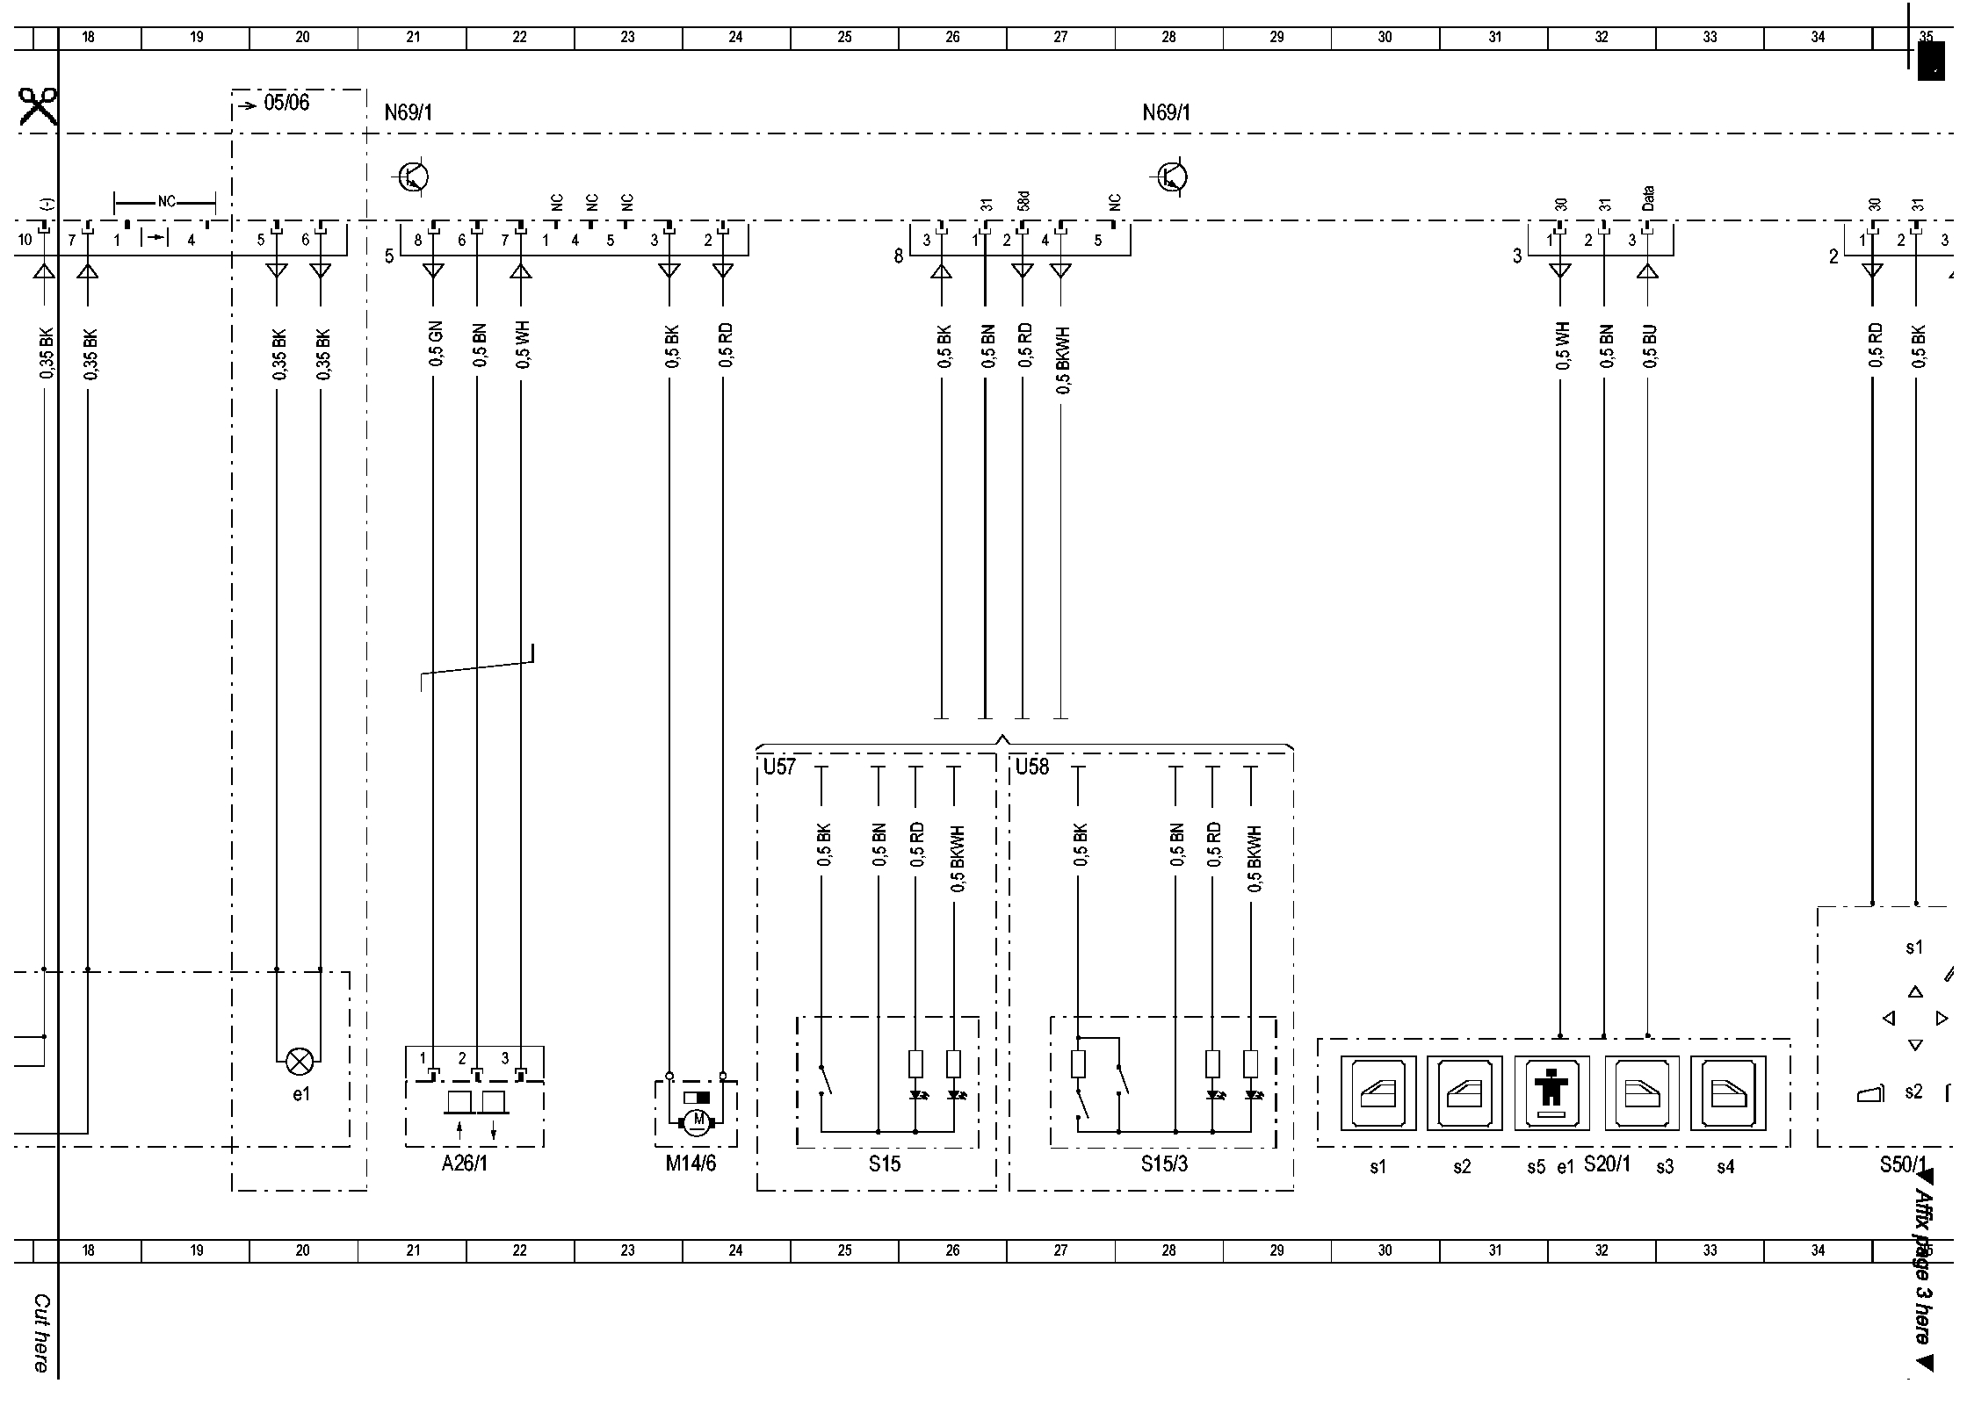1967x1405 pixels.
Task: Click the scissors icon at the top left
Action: [38, 107]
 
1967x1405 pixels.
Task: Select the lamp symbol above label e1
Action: [300, 1062]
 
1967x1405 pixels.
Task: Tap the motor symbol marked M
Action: [698, 1120]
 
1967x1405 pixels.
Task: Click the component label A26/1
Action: [464, 1164]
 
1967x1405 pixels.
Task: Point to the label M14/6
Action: [691, 1164]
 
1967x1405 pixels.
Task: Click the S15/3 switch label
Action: [1164, 1164]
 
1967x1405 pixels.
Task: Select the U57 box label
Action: [778, 767]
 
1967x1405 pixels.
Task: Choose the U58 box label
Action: [1032, 767]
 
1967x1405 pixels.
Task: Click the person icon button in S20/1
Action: [1551, 1092]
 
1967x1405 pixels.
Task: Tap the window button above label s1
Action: [1378, 1092]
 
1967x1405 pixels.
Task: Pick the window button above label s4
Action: [1727, 1092]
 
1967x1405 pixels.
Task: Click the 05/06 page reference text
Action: [286, 103]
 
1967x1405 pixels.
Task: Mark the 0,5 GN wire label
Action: [437, 344]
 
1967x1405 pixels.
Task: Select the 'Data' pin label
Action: [1647, 198]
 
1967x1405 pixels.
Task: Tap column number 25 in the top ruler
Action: [844, 38]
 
